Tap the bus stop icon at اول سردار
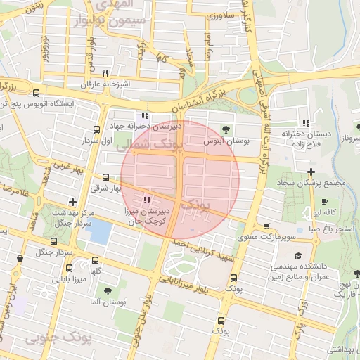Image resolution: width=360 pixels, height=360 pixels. [96, 129]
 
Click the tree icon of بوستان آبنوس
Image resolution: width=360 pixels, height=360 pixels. [226, 129]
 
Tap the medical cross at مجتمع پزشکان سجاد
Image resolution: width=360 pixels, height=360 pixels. [311, 172]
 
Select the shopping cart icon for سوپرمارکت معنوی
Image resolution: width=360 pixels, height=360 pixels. [266, 226]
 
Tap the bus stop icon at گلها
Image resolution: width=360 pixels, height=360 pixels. [96, 259]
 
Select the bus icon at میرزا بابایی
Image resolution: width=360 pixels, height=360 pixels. [69, 268]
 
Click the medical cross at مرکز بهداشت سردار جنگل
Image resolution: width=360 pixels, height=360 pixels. [72, 202]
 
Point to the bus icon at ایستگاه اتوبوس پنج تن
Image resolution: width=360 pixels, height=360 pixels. [36, 92]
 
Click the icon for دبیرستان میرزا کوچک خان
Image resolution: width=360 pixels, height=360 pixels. [146, 200]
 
